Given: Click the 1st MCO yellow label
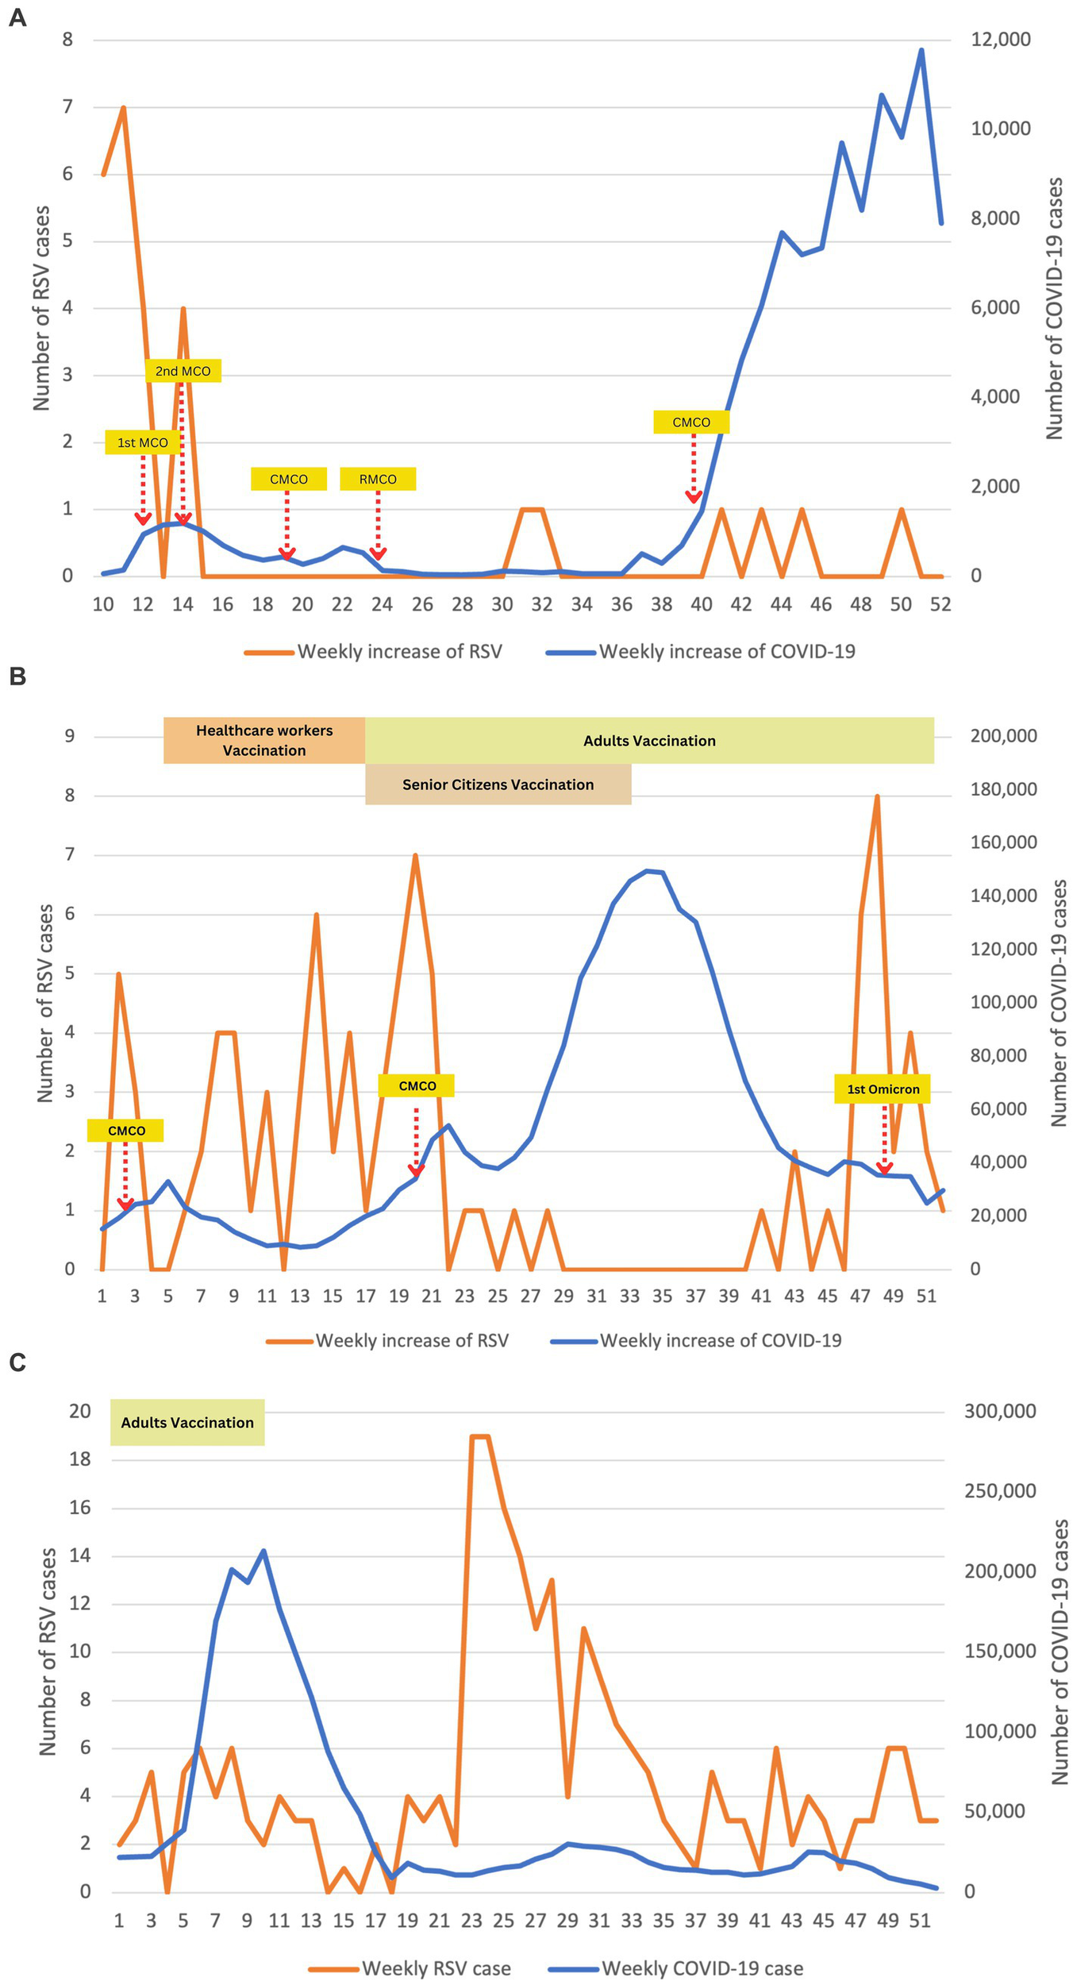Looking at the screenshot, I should click(143, 442).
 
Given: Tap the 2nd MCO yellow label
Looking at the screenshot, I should click(183, 371).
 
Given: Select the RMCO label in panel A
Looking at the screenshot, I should click(378, 479).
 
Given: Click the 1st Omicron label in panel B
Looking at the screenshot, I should click(883, 1089).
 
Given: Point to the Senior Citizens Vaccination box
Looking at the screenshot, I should click(498, 784).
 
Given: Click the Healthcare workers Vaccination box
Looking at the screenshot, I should click(264, 740).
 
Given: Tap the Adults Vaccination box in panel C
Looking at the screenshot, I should click(187, 1422).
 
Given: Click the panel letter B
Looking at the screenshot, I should click(17, 676).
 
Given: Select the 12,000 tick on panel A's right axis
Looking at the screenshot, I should click(1000, 40).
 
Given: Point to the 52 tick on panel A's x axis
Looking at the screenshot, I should click(940, 604).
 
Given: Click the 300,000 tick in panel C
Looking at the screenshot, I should click(999, 1411).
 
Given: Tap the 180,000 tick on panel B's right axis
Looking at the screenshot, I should click(1002, 789).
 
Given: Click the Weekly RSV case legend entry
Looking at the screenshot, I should click(410, 1962).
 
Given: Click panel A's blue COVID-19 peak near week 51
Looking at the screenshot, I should click(921, 50).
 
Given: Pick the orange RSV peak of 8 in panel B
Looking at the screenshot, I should click(877, 796).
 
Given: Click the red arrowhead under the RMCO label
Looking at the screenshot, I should click(378, 553).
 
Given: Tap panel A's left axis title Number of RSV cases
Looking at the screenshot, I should click(41, 307).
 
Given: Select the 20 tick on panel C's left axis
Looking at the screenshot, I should click(80, 1411).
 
